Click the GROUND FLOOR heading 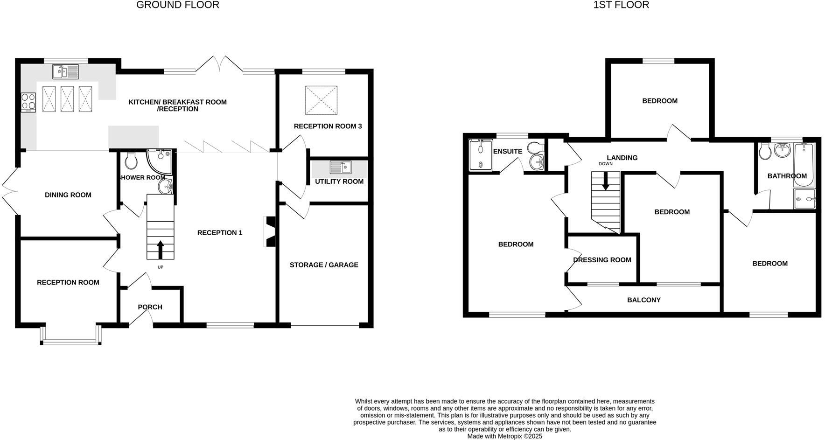pos(177,5)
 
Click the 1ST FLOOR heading pos(621,5)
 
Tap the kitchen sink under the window pos(65,72)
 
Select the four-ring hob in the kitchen pos(28,102)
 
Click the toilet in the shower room pos(131,161)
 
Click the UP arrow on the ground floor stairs pos(161,250)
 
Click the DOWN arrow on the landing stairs pos(606,181)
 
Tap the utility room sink pos(340,167)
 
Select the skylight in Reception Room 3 pos(321,100)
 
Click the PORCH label pos(150,307)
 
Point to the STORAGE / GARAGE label pos(324,265)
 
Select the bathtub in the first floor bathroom pos(806,164)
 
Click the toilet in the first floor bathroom pos(764,151)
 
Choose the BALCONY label pos(643,300)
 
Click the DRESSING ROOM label pos(602,260)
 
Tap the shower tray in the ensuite pos(480,154)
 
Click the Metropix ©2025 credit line pos(505,436)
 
